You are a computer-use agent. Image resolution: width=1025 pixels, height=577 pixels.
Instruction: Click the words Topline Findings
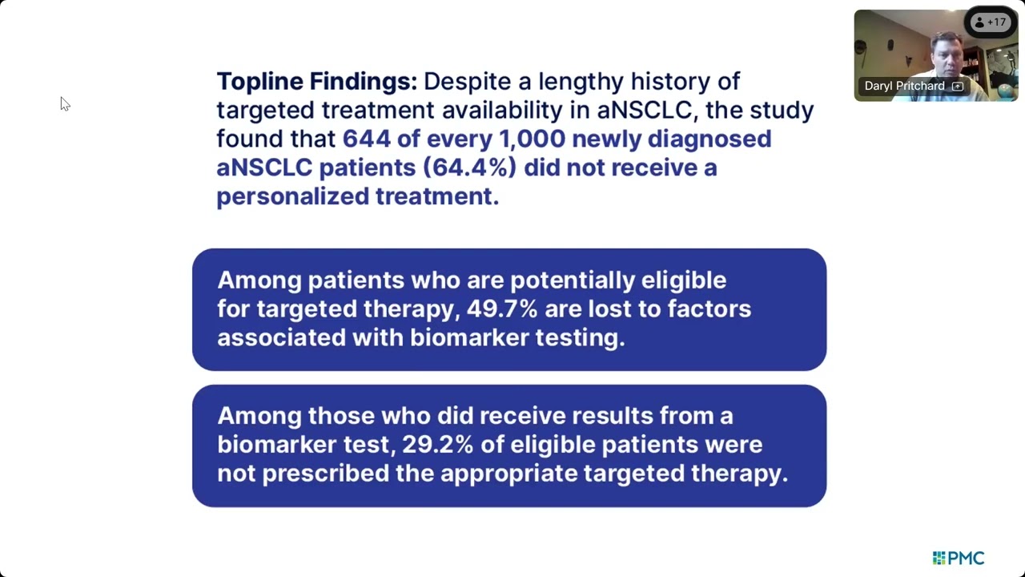pyautogui.click(x=316, y=82)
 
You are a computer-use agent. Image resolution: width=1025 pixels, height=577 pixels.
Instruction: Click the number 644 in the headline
pyautogui.click(x=367, y=139)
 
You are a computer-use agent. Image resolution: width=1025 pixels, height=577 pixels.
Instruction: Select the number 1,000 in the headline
pyautogui.click(x=533, y=139)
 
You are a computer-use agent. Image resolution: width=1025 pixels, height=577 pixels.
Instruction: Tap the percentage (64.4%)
pyautogui.click(x=470, y=167)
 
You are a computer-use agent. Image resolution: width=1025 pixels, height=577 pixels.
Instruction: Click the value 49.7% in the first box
pyautogui.click(x=502, y=309)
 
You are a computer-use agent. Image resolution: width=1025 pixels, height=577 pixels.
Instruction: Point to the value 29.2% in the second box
pyautogui.click(x=437, y=444)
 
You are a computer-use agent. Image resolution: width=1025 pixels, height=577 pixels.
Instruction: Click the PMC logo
pyautogui.click(x=959, y=558)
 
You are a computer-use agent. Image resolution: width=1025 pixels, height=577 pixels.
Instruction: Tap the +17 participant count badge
pyautogui.click(x=991, y=22)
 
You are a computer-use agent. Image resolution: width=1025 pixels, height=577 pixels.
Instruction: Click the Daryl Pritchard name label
pyautogui.click(x=905, y=86)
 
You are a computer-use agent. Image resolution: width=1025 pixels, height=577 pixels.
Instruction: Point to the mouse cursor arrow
pyautogui.click(x=65, y=104)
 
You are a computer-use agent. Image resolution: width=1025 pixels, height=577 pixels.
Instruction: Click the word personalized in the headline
pyautogui.click(x=293, y=197)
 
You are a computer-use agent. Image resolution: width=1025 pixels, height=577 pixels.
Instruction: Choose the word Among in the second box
pyautogui.click(x=259, y=417)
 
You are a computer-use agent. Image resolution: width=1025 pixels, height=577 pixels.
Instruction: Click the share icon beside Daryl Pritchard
pyautogui.click(x=958, y=86)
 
